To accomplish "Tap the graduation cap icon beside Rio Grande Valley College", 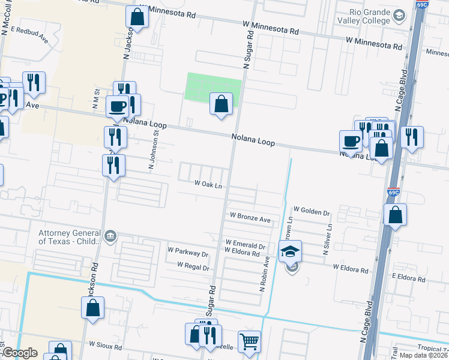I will [399, 16].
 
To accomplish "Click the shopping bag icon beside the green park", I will [221, 103].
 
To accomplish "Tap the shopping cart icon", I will [249, 341].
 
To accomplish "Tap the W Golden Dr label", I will [312, 213].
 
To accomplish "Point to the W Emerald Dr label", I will [245, 245].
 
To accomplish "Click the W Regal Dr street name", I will [193, 266].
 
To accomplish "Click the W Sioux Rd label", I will [106, 346].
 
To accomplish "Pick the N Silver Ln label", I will [330, 240].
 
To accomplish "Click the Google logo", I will [20, 353].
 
